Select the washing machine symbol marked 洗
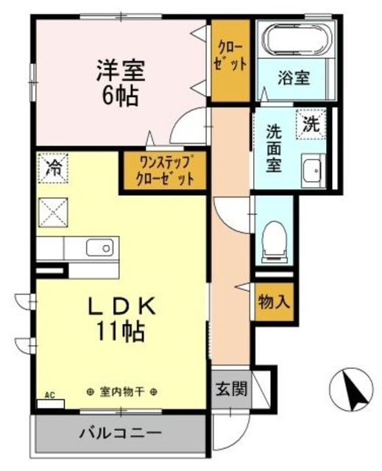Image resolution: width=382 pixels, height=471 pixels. point(311,124)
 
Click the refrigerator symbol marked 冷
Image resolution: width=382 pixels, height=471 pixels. point(52,168)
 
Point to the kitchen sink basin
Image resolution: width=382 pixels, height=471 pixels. point(99,247)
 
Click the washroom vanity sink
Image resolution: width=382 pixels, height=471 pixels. point(314,171)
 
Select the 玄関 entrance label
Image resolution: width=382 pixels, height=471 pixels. point(231,389)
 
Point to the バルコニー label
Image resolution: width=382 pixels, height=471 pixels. point(121,433)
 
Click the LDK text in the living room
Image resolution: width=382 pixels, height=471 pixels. point(121,306)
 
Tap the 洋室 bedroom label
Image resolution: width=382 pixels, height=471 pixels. point(121,71)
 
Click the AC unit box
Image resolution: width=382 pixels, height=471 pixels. point(51,404)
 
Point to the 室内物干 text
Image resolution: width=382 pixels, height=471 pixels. point(122,392)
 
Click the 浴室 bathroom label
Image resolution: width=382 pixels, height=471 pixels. point(294,77)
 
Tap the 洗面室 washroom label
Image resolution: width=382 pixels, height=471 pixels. point(274,149)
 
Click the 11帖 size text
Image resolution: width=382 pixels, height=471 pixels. point(120,331)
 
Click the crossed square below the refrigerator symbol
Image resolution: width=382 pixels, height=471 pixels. point(52,213)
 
